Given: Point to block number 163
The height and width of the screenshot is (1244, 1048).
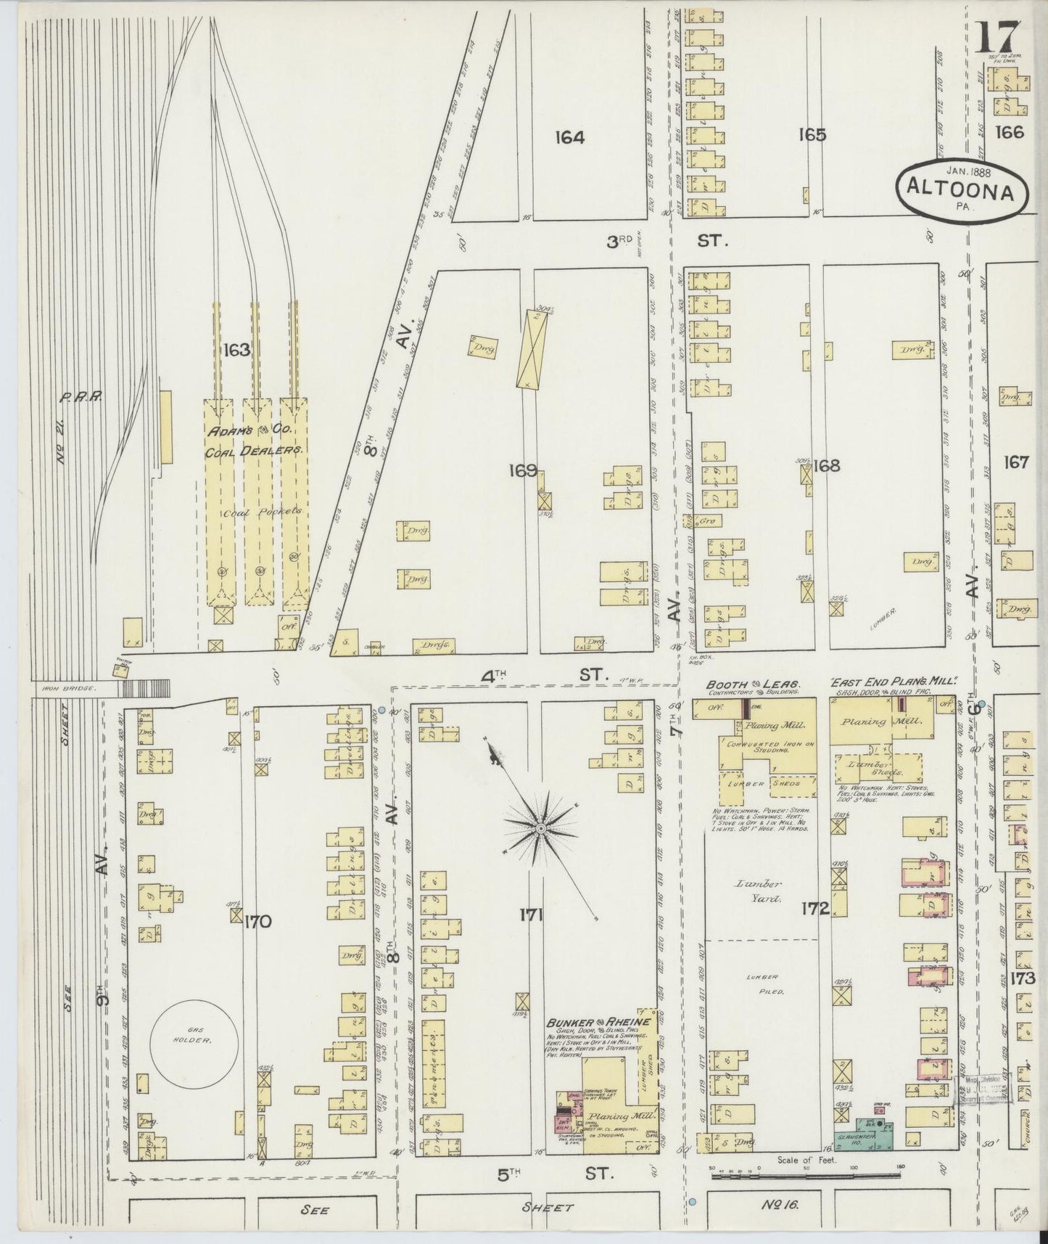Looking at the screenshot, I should (x=236, y=350).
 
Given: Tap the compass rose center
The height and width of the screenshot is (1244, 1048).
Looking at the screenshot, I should (x=541, y=827).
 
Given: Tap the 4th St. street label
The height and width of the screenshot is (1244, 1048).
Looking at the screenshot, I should (x=541, y=675).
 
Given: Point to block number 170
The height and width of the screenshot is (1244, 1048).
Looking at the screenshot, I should (x=257, y=922).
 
